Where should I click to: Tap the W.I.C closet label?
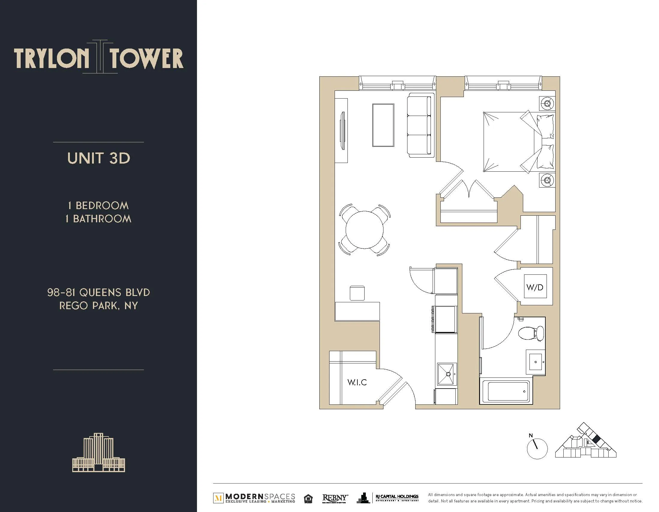coord(357,382)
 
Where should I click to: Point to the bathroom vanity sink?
coord(535,362)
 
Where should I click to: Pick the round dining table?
coord(365,230)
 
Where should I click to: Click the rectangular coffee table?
coord(383,125)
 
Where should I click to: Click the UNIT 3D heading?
coord(99,158)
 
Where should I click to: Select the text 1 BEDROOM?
coord(99,206)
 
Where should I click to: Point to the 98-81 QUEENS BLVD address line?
coord(99,292)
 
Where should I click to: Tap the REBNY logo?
coord(335,498)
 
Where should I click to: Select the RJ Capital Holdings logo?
coord(397,498)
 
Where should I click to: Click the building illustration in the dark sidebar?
coord(99,452)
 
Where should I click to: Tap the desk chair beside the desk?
coord(357,293)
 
